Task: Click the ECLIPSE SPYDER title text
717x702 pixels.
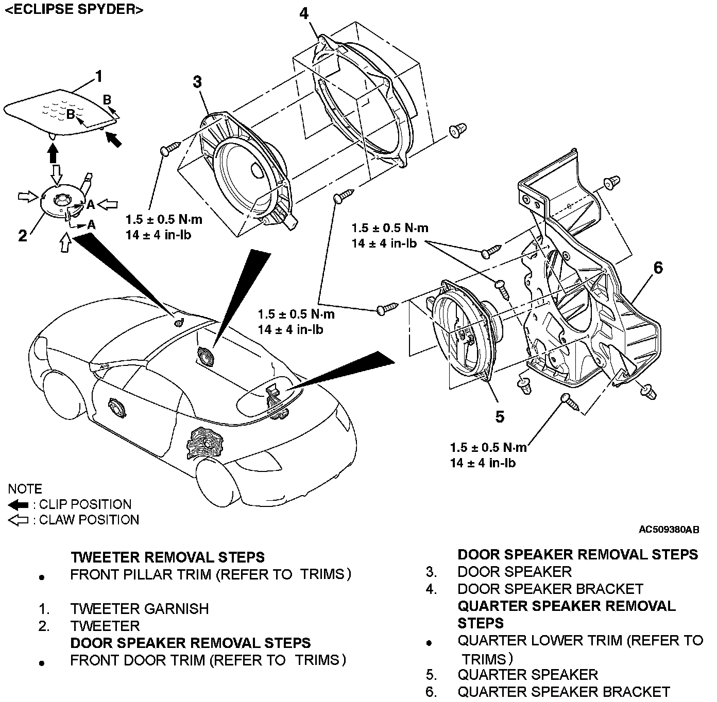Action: point(73,9)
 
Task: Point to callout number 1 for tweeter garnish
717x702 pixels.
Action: point(98,76)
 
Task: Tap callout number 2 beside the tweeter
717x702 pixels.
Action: point(23,235)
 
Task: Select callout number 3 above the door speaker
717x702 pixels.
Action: point(197,81)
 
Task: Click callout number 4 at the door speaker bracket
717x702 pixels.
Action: point(304,13)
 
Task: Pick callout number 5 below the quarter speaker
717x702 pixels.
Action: point(500,416)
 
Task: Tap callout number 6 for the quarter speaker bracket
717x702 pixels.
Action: point(658,267)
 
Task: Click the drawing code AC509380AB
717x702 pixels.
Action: point(669,529)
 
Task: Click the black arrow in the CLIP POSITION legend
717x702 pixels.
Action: point(18,504)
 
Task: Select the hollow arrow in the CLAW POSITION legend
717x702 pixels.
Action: point(18,520)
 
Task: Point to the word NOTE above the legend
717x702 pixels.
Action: point(25,488)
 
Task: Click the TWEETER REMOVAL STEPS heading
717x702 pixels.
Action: point(167,557)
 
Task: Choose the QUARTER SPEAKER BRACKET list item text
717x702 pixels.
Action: point(564,692)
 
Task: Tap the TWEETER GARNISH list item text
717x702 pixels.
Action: point(140,609)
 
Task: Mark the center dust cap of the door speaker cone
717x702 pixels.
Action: point(258,170)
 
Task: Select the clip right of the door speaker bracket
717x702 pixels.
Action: point(458,130)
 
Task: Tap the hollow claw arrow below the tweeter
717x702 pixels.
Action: point(65,242)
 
